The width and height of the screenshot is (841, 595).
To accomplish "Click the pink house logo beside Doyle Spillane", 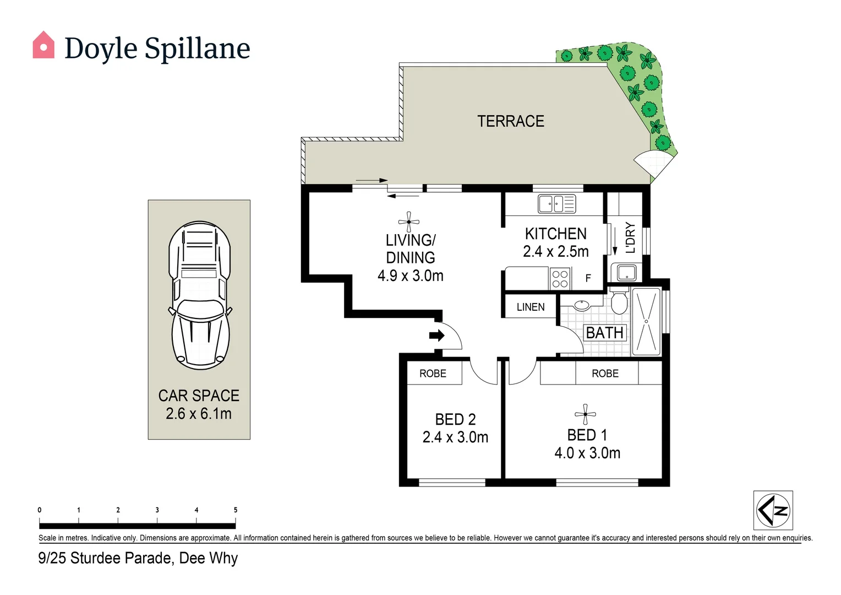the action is click(43, 45).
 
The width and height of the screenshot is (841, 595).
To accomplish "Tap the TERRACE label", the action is click(511, 121).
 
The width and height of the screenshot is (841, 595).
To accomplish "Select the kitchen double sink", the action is click(557, 204).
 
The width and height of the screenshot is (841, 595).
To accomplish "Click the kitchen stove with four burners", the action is click(560, 279).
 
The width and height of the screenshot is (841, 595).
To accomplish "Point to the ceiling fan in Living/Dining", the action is click(408, 222).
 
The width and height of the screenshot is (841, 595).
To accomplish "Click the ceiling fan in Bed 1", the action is click(585, 414).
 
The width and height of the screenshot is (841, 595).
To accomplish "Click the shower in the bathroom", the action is click(646, 321).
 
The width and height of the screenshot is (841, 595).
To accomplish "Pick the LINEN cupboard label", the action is click(531, 307).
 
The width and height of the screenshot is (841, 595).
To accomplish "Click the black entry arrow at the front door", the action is click(436, 336).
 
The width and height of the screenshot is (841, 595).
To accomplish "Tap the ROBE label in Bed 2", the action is click(433, 373).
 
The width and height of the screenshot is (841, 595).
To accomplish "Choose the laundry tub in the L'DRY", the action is click(626, 273).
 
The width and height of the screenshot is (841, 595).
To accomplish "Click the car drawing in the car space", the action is click(199, 295).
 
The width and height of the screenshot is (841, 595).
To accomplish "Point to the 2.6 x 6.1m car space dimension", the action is click(199, 413).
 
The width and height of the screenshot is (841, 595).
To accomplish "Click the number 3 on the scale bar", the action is click(157, 510).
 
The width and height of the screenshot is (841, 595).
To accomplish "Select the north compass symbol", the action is click(773, 510).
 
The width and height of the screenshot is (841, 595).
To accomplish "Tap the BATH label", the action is click(604, 333).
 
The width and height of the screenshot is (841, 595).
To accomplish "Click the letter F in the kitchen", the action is click(588, 278).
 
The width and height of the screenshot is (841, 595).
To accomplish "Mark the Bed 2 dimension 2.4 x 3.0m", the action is click(455, 437).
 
